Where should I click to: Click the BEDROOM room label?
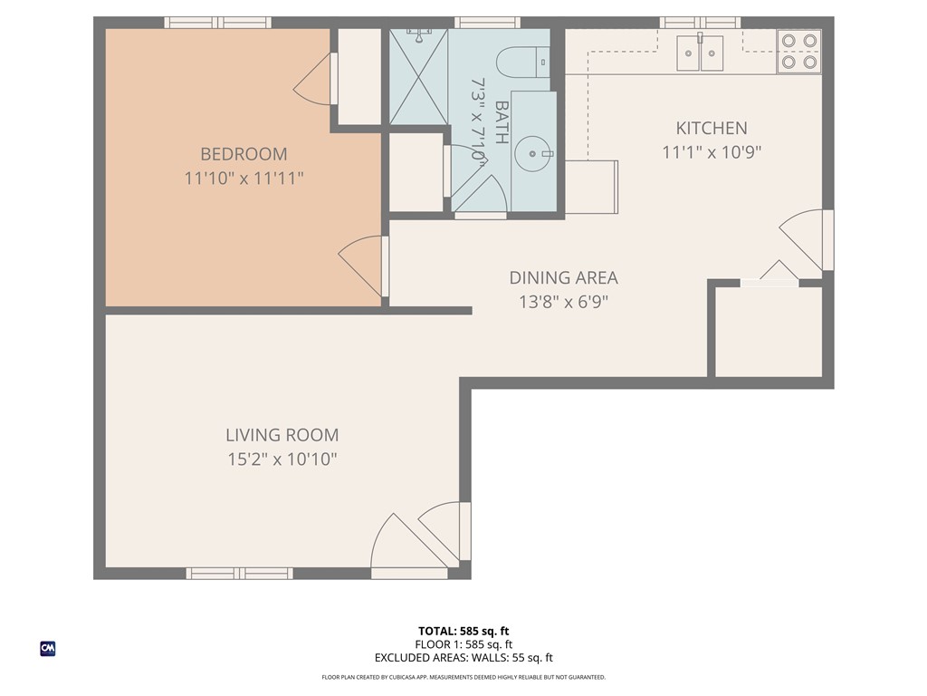pyautogui.click(x=244, y=154)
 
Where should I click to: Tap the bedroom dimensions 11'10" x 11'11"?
pyautogui.click(x=244, y=179)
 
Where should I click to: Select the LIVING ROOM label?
pyautogui.click(x=282, y=435)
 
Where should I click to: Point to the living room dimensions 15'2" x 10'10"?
pyautogui.click(x=282, y=459)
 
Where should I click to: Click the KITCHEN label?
pyautogui.click(x=712, y=128)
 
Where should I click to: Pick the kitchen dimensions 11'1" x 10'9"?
pyautogui.click(x=712, y=152)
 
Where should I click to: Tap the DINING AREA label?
pyautogui.click(x=563, y=277)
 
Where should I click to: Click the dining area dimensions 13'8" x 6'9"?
pyautogui.click(x=563, y=302)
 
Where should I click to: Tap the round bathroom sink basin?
pyautogui.click(x=533, y=154)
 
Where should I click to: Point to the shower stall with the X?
pyautogui.click(x=418, y=77)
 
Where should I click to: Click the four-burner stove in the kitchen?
pyautogui.click(x=798, y=52)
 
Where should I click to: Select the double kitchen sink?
pyautogui.click(x=700, y=53)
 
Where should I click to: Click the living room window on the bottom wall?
pyautogui.click(x=239, y=573)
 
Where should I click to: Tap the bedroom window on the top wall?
pyautogui.click(x=217, y=23)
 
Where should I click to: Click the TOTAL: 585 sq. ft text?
pyautogui.click(x=463, y=631)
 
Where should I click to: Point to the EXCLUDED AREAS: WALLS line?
pyautogui.click(x=463, y=658)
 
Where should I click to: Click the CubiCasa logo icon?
pyautogui.click(x=48, y=649)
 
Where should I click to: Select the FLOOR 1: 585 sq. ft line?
pyautogui.click(x=463, y=644)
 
